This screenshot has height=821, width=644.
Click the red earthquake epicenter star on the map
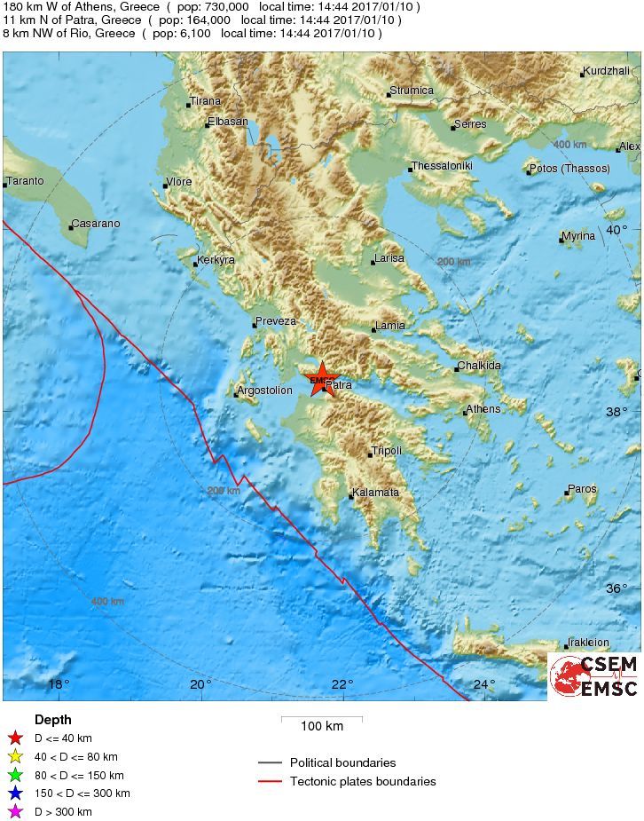(x=320, y=379)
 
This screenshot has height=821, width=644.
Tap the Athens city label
(x=483, y=409)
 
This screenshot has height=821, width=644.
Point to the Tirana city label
(x=207, y=101)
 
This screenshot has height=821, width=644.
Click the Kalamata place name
(x=376, y=493)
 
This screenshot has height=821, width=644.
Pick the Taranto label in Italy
(x=26, y=181)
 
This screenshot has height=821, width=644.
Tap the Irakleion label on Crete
(x=589, y=643)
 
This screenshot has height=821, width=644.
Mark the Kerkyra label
(x=216, y=260)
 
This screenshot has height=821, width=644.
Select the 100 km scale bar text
(x=321, y=727)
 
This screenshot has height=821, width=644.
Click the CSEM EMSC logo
(x=594, y=676)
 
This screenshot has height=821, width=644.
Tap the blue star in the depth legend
(x=15, y=793)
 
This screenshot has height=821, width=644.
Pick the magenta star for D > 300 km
(x=15, y=812)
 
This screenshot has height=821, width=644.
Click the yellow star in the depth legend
(x=15, y=757)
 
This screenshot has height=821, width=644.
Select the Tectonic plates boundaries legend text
(x=363, y=782)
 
